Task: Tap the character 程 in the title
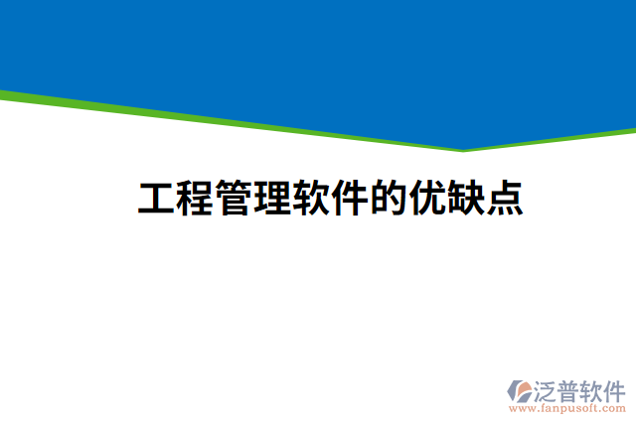[x=195, y=200]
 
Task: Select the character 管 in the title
[x=234, y=200]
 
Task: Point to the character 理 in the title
[x=272, y=200]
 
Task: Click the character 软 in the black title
[x=311, y=200]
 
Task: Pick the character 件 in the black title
[x=350, y=200]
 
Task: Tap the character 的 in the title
[x=389, y=200]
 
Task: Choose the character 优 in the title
[x=427, y=200]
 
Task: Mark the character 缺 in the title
[x=466, y=200]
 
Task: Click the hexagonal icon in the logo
[x=521, y=391]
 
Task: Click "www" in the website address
[x=520, y=408]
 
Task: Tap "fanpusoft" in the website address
[x=566, y=408]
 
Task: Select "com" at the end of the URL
[x=614, y=408]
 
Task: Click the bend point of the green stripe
[x=462, y=150]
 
